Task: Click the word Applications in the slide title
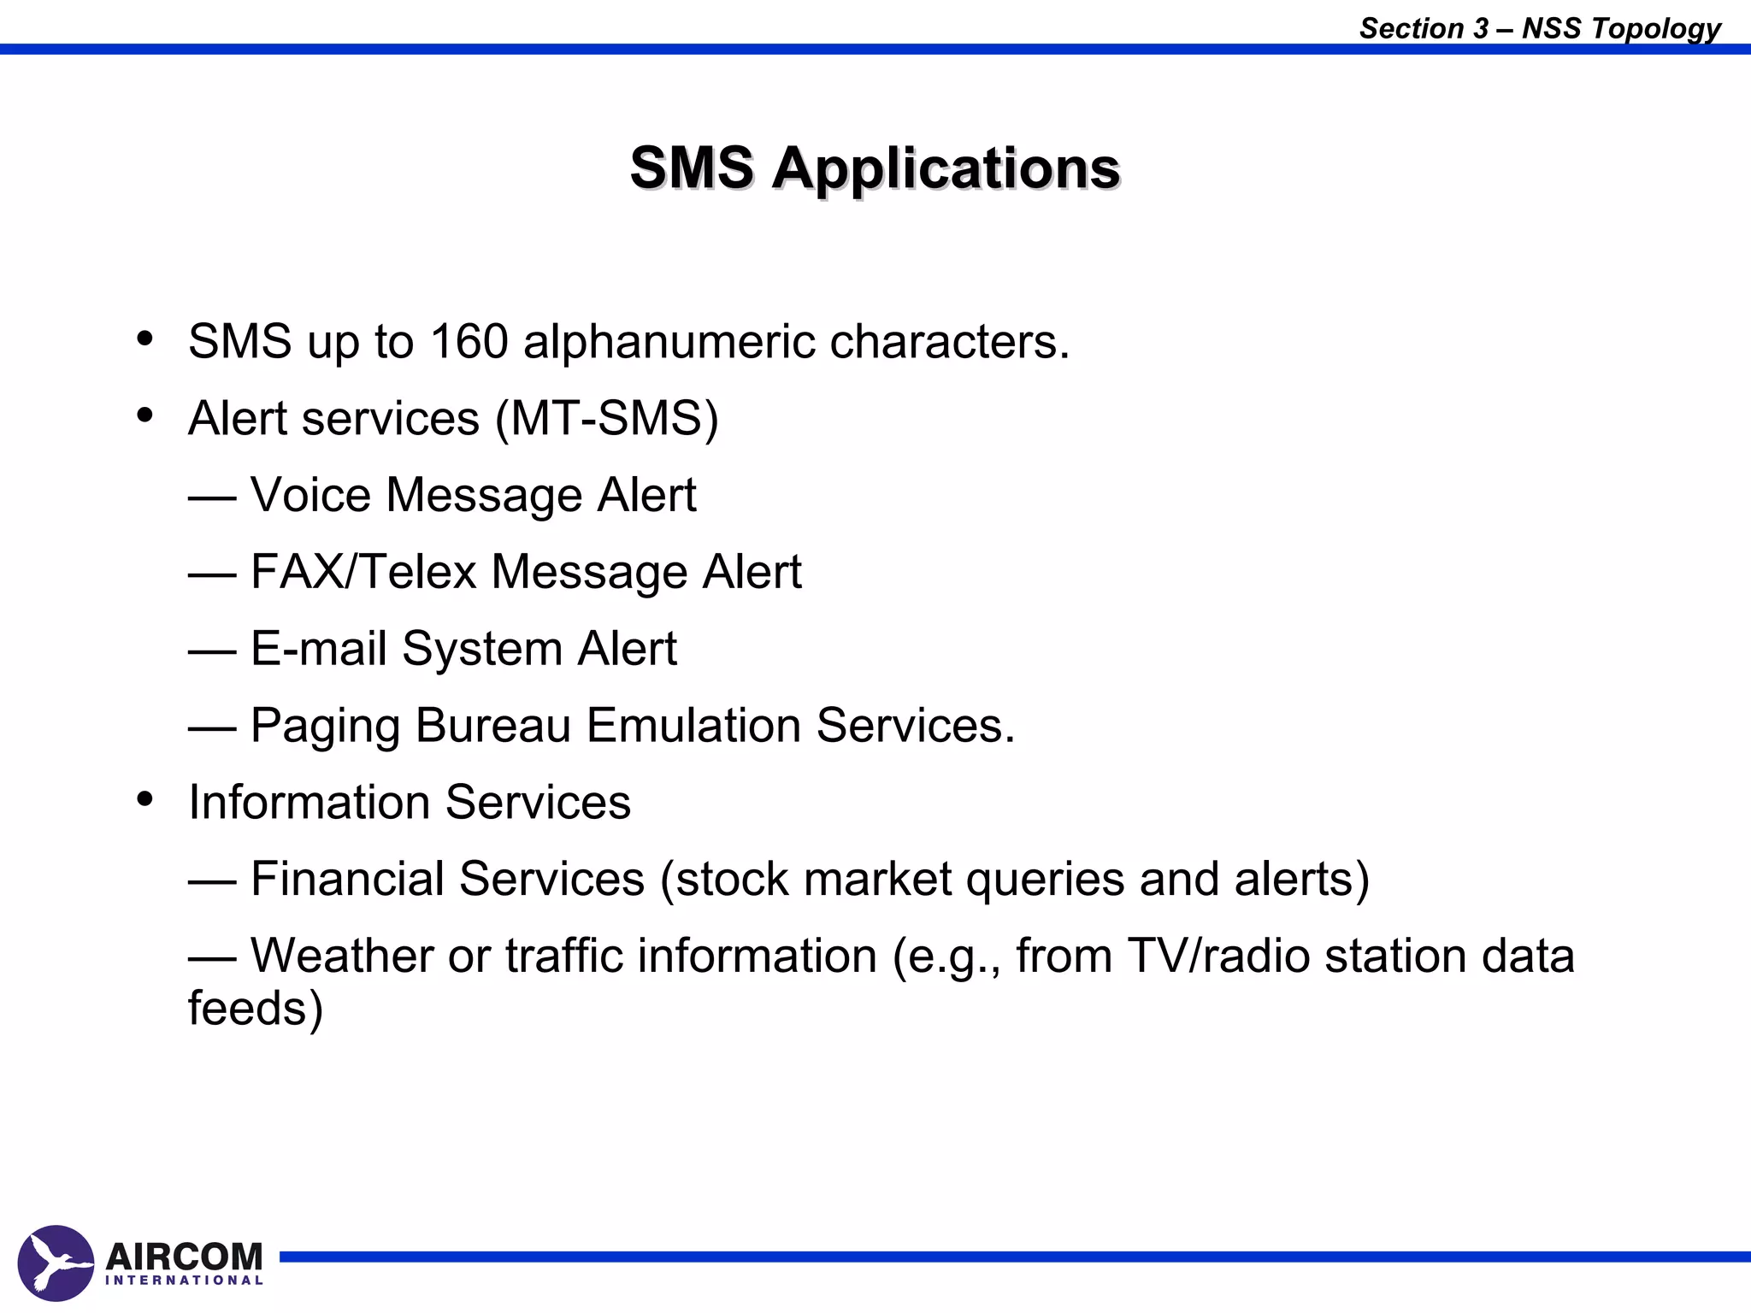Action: [x=946, y=168]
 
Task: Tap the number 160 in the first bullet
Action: [x=469, y=342]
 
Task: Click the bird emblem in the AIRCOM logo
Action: [x=56, y=1263]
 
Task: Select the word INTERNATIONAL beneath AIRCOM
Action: [x=184, y=1281]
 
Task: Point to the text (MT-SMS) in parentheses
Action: [x=607, y=419]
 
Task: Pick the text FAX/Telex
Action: [x=363, y=572]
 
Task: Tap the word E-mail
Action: [x=318, y=649]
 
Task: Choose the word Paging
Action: [x=325, y=727]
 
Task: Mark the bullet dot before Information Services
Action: [x=144, y=799]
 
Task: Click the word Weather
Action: [x=341, y=956]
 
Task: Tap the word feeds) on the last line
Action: [x=256, y=1009]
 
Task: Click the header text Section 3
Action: [x=1424, y=28]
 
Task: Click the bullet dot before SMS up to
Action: [x=144, y=339]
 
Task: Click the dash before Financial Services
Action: [x=212, y=880]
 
